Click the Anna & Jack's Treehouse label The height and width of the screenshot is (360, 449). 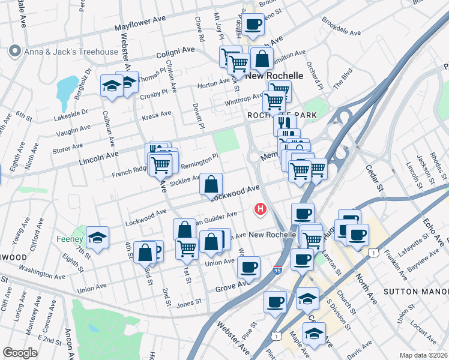click(x=71, y=52)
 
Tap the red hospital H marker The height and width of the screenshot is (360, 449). click(x=261, y=209)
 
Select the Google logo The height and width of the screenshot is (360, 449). click(x=20, y=353)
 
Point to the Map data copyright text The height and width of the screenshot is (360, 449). click(x=423, y=355)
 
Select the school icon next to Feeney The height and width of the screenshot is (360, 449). click(x=97, y=238)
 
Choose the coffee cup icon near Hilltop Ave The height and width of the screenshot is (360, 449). click(x=253, y=25)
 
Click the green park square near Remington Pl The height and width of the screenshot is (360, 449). click(x=226, y=141)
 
